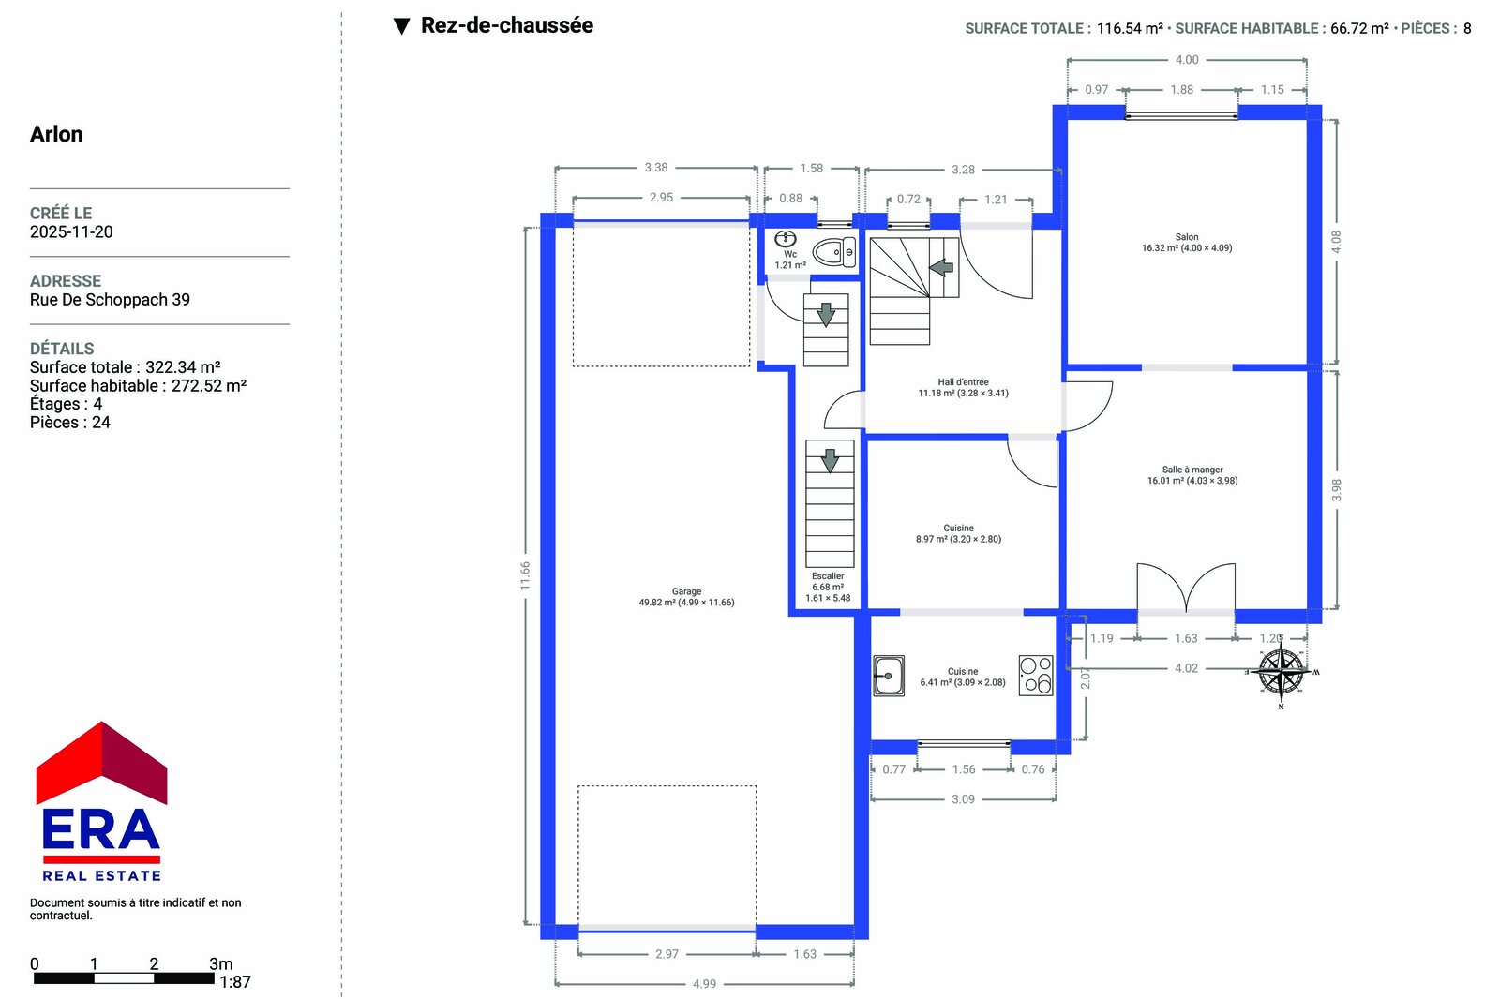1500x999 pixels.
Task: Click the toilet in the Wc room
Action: (x=833, y=252)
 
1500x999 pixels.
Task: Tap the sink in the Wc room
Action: (x=786, y=239)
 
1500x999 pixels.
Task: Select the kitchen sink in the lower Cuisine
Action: (x=889, y=676)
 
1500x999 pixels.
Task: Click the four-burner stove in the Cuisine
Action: (x=1036, y=675)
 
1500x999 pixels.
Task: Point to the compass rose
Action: (x=1281, y=672)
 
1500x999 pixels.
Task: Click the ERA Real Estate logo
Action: (x=102, y=801)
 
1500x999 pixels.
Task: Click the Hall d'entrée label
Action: (x=963, y=381)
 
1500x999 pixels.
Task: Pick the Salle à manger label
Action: (x=1192, y=470)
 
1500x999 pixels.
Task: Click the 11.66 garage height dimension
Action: (x=525, y=575)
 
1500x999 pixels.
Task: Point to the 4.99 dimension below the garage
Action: (x=704, y=984)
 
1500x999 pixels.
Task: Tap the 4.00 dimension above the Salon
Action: (x=1187, y=60)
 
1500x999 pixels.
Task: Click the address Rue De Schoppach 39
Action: (x=110, y=299)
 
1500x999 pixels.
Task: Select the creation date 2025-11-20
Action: (x=71, y=231)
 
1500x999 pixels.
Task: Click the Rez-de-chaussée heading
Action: (x=507, y=25)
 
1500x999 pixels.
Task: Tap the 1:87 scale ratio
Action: (x=235, y=982)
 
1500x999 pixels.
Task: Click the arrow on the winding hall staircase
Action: (x=941, y=267)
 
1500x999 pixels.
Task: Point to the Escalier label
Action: (x=828, y=575)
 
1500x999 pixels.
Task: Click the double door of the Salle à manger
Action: (x=1186, y=588)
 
